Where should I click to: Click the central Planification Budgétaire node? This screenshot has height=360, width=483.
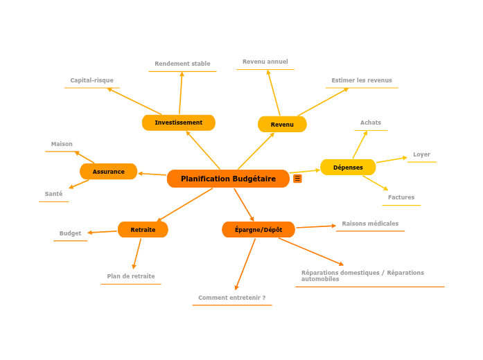click(x=228, y=179)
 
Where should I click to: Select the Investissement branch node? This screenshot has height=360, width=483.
click(x=179, y=123)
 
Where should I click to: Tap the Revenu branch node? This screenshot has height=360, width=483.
click(x=282, y=125)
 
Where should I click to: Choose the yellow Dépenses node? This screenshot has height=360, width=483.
click(x=348, y=168)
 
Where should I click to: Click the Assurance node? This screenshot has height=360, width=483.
click(x=109, y=172)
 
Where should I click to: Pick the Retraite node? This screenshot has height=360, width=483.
click(x=143, y=230)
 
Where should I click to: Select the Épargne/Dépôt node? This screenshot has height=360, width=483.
click(x=258, y=230)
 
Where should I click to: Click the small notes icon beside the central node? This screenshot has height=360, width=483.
click(x=297, y=179)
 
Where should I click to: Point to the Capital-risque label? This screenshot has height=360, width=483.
click(x=91, y=80)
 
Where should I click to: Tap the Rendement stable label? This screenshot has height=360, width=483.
click(x=182, y=64)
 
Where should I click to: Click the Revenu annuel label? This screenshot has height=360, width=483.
click(x=265, y=62)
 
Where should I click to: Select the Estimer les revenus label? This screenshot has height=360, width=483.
click(x=362, y=80)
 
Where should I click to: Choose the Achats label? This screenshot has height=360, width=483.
click(x=371, y=123)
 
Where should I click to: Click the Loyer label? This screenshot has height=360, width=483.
click(x=421, y=154)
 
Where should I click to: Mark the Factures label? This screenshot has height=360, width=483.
click(x=401, y=197)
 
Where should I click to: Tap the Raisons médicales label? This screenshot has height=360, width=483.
click(x=370, y=224)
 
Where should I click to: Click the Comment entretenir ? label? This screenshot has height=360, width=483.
click(x=231, y=298)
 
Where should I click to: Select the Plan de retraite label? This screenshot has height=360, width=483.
click(x=131, y=276)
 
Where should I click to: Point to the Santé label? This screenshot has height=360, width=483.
click(x=53, y=194)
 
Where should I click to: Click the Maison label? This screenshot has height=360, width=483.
click(x=62, y=144)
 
